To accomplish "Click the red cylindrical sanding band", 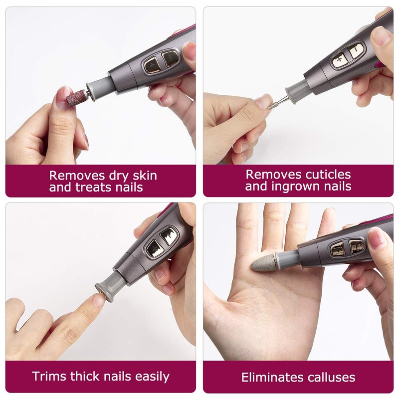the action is [76, 98].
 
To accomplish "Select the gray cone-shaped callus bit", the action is [263, 263].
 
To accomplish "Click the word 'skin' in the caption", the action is [145, 176].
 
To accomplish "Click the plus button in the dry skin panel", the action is [152, 66].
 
